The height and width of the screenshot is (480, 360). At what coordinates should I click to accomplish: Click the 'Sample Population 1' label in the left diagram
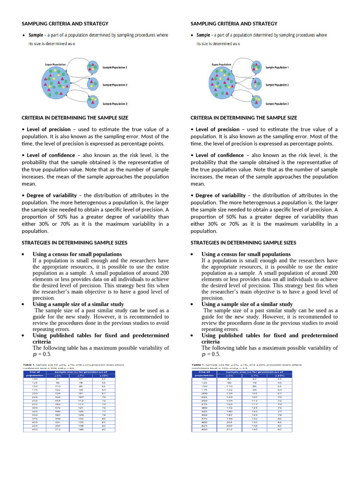(x=115, y=67)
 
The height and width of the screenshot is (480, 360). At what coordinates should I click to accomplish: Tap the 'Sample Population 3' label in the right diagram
(x=277, y=104)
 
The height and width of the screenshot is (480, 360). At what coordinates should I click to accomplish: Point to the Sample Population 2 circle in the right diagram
(x=256, y=84)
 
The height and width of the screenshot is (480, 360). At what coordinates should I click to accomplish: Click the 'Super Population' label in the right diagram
(x=221, y=64)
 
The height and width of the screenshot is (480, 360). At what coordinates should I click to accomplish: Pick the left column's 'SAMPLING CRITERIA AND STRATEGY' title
(x=65, y=23)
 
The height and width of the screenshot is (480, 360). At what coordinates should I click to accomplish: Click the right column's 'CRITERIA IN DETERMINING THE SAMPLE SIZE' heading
(x=244, y=118)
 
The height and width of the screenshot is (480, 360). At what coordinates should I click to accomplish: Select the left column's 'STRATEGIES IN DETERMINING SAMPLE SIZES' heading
(x=75, y=243)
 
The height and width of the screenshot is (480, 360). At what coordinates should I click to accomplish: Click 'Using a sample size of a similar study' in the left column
(x=78, y=304)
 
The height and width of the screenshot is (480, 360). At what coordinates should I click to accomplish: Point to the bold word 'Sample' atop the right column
(x=203, y=35)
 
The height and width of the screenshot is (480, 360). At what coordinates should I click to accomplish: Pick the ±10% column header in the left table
(x=104, y=375)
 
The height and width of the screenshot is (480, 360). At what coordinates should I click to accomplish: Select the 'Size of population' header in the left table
(x=35, y=374)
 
